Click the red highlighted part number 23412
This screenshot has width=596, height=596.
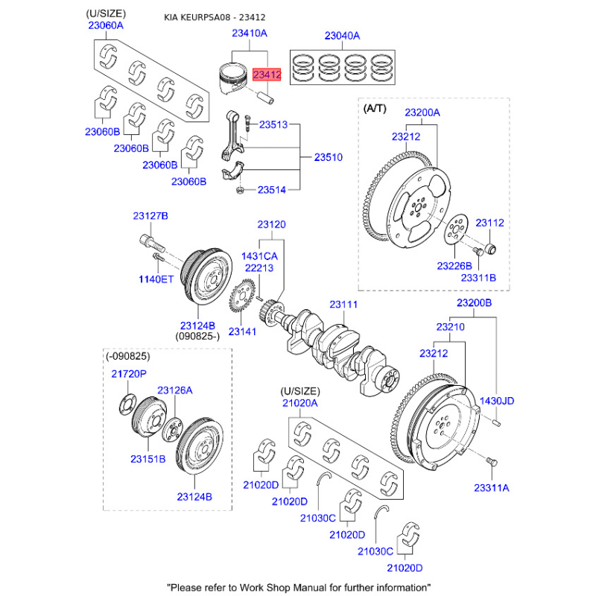tap(267, 74)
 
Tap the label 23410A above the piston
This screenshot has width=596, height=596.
tap(249, 34)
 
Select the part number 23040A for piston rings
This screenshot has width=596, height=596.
tap(342, 35)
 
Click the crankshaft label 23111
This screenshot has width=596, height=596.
tap(344, 305)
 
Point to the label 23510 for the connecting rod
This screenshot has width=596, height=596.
tap(328, 158)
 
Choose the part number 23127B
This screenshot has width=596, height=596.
tap(150, 216)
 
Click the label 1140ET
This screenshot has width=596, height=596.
tap(155, 279)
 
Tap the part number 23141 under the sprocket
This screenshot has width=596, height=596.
tap(243, 332)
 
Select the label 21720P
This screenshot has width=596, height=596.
tap(129, 373)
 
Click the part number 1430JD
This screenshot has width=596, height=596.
tap(497, 401)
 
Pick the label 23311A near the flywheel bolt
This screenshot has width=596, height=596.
tap(491, 487)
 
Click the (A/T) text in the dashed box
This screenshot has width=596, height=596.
tap(375, 108)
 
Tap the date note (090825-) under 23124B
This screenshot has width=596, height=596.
tap(197, 337)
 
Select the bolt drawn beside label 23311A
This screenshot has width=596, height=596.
tap(490, 463)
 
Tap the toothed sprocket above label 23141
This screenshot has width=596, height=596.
tap(244, 299)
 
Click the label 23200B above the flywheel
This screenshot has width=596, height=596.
tap(474, 303)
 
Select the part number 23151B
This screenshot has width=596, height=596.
tap(148, 459)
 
